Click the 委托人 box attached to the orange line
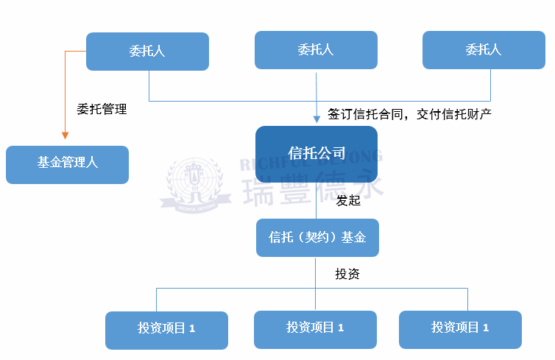click(147, 51)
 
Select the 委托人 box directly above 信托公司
click(316, 50)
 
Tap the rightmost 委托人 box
click(484, 50)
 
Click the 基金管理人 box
click(67, 164)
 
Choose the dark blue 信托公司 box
click(317, 154)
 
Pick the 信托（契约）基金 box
click(317, 238)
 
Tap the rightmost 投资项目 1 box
click(460, 329)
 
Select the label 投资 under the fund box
click(347, 275)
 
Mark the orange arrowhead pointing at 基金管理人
click(65, 135)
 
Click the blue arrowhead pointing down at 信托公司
click(316, 118)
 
